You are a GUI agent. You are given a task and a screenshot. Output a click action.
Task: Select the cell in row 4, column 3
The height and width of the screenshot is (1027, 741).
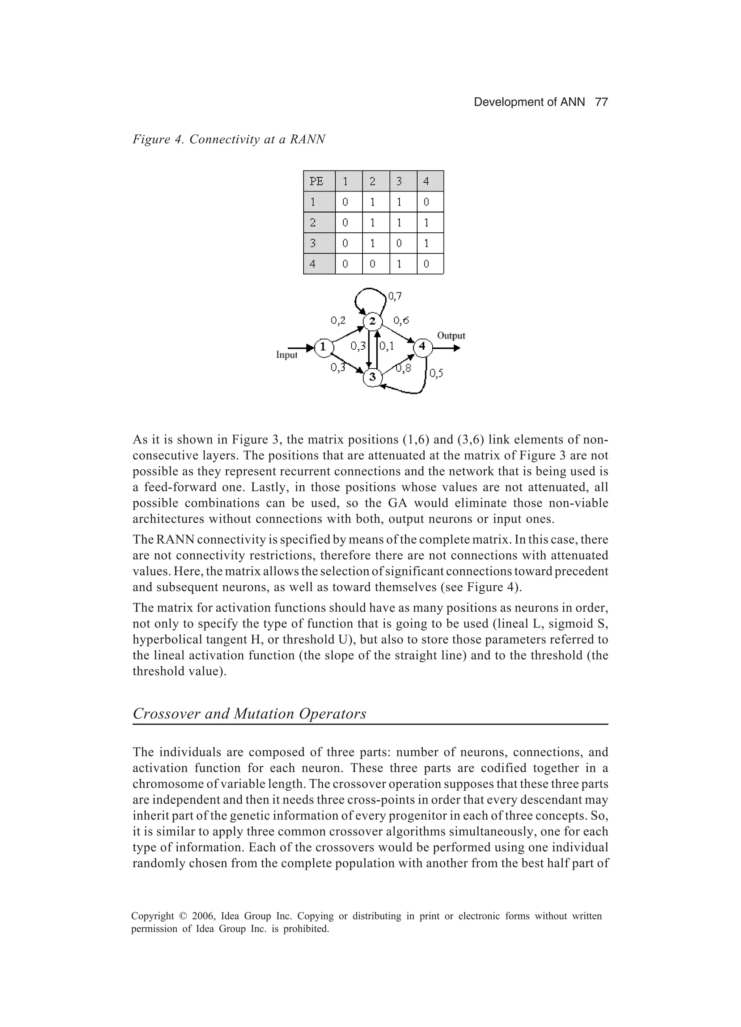click(x=403, y=264)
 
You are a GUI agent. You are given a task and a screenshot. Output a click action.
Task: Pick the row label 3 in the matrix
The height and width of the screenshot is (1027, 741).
click(x=319, y=243)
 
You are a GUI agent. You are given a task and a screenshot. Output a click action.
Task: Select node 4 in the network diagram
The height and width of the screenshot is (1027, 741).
click(x=422, y=347)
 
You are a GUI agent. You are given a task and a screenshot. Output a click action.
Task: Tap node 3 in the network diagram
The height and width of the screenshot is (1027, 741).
click(x=373, y=377)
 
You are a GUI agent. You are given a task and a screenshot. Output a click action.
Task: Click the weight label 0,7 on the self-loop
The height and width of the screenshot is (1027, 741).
click(x=395, y=296)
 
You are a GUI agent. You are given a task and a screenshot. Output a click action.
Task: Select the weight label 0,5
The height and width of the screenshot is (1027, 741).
click(x=436, y=373)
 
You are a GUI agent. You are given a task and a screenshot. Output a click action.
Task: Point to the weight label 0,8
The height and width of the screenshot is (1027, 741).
click(x=404, y=369)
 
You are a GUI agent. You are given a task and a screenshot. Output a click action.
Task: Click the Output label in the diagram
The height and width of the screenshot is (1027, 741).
click(x=451, y=336)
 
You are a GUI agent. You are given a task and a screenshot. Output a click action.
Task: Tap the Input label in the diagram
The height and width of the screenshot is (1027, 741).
click(x=287, y=355)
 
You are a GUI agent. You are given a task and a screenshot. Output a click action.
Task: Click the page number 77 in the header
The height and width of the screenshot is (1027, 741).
click(x=601, y=102)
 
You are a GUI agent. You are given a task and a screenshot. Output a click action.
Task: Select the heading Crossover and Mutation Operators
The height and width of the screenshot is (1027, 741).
click(x=249, y=714)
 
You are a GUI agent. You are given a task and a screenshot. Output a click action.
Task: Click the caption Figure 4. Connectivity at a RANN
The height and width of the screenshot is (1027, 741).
click(x=229, y=139)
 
